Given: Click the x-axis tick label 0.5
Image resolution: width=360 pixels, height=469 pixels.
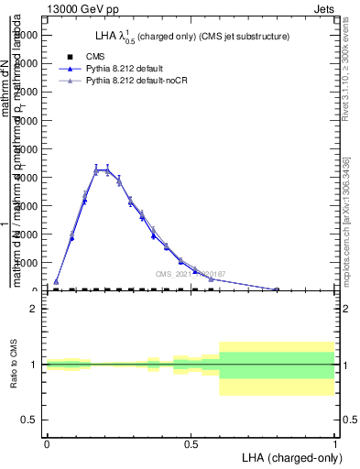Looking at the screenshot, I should (191, 444).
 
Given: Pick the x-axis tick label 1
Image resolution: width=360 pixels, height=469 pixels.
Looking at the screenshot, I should (335, 444).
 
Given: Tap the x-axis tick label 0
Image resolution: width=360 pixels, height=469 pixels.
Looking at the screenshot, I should (47, 444).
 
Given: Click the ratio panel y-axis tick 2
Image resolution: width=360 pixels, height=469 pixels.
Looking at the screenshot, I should (35, 309).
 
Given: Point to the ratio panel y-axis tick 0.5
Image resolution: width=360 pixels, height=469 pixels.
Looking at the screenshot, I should (30, 420).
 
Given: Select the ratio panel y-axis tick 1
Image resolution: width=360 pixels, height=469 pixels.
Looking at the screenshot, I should (35, 365).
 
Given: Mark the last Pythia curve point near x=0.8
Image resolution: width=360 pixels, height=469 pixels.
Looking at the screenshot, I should (277, 289).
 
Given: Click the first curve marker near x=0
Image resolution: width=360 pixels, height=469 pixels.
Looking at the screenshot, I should (56, 282).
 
